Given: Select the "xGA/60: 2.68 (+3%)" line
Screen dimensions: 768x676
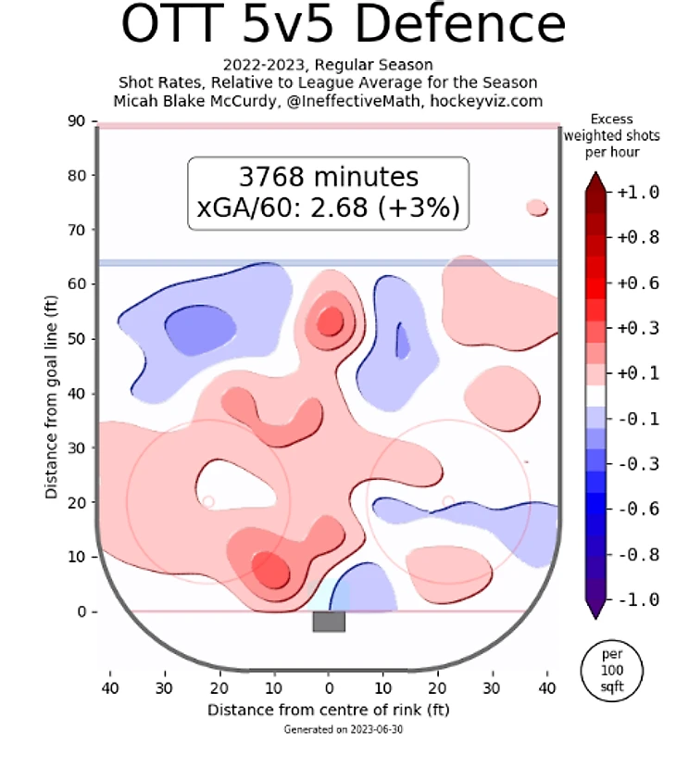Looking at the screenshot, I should tap(328, 207).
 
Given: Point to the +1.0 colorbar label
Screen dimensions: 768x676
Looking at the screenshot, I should tap(636, 193).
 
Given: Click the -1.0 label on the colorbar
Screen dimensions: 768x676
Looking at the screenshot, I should tap(636, 599).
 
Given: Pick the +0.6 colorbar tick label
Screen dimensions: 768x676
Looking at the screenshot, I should tap(636, 283).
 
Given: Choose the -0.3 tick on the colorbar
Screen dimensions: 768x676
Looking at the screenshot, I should tap(636, 463).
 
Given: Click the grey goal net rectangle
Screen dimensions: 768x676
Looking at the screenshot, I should tap(329, 622).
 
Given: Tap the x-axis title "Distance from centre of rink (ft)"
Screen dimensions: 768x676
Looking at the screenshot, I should tap(328, 710).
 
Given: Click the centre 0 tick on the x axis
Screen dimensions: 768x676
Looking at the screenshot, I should tap(329, 689).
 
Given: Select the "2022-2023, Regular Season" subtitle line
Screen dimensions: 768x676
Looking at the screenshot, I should tap(328, 66).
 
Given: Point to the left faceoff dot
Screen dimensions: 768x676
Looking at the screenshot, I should tap(208, 501).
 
